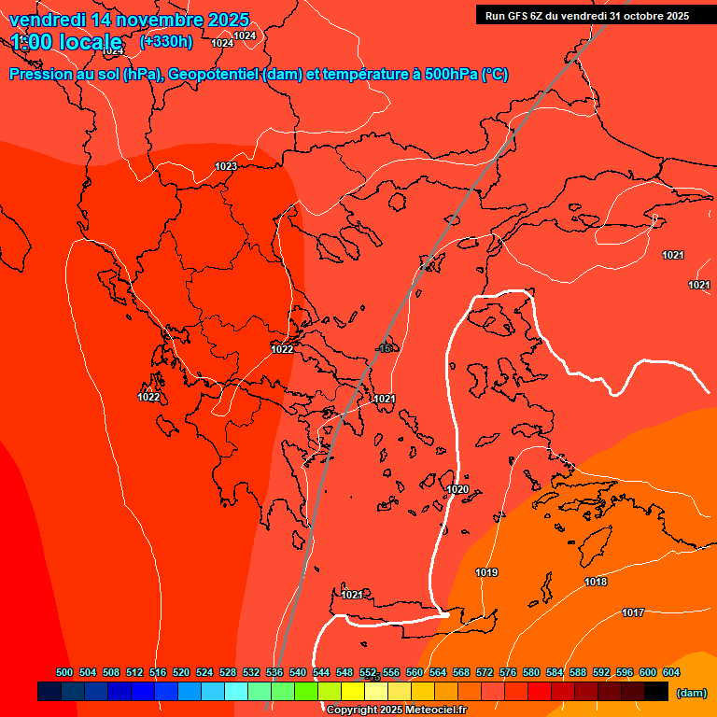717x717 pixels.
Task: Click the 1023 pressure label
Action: coord(226,166)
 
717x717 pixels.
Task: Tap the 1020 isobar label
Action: coord(457,489)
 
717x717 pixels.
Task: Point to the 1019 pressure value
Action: coord(486,572)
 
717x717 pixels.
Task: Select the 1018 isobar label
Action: coord(596,582)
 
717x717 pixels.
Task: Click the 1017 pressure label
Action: coord(633,612)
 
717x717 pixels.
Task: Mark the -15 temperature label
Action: coord(385,348)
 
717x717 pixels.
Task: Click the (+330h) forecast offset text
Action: coord(166,41)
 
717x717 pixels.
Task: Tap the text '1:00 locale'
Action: coord(66,42)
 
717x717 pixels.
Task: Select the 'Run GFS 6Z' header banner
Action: coord(587,15)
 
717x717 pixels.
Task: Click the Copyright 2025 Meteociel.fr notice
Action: coord(397,710)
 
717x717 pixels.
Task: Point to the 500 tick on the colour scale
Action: coord(64,672)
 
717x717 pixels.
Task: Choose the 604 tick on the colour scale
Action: coord(671,672)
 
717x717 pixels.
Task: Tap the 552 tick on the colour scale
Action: coord(368,672)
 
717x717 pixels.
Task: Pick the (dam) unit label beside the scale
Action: coord(691,692)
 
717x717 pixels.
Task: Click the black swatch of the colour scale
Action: coord(656,691)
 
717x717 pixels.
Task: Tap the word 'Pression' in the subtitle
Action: coord(38,75)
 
